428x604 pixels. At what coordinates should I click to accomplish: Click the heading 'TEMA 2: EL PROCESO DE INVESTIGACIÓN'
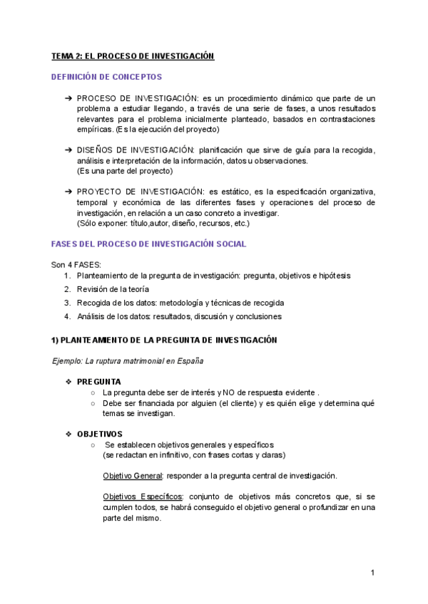pyautogui.click(x=133, y=56)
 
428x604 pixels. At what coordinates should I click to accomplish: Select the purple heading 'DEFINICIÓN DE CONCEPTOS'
pyautogui.click(x=107, y=76)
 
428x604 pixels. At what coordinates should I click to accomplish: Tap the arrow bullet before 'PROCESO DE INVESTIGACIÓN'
pyautogui.click(x=68, y=98)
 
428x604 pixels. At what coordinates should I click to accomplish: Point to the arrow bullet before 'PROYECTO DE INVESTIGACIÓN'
pyautogui.click(x=68, y=192)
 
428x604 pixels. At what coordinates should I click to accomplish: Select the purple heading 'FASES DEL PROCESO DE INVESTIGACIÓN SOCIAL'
pyautogui.click(x=149, y=244)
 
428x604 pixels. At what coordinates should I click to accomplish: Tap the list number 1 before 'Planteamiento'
pyautogui.click(x=67, y=275)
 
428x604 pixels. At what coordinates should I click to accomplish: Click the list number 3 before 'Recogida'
pyautogui.click(x=67, y=303)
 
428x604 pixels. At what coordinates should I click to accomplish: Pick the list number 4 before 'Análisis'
pyautogui.click(x=67, y=316)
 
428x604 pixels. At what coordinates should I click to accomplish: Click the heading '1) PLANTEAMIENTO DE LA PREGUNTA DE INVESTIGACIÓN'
pyautogui.click(x=164, y=340)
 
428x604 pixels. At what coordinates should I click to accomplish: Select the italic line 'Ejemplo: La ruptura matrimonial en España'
pyautogui.click(x=128, y=360)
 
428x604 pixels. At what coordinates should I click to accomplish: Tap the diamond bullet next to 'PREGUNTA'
pyautogui.click(x=68, y=382)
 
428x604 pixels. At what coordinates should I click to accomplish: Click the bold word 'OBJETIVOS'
pyautogui.click(x=99, y=434)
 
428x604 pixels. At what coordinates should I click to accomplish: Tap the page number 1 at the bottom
pyautogui.click(x=373, y=573)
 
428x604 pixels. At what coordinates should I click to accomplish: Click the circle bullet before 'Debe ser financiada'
pyautogui.click(x=93, y=402)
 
